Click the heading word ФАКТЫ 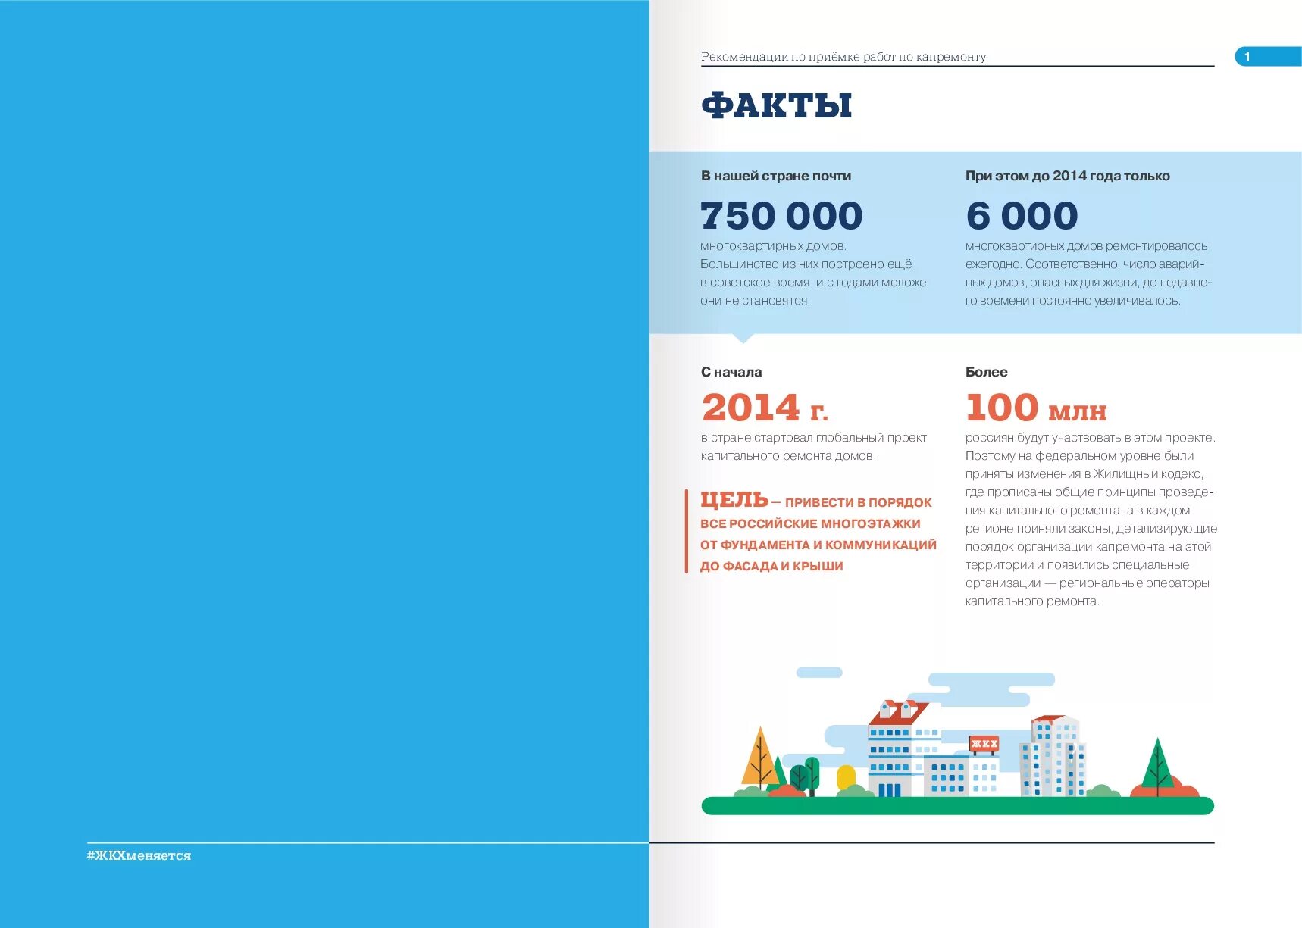click(x=776, y=105)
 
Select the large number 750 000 click(x=781, y=216)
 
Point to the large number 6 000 click(x=1022, y=216)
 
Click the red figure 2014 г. click(x=764, y=408)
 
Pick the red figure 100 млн click(x=1035, y=408)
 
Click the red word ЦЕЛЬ click(x=734, y=500)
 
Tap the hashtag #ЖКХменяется click(x=139, y=855)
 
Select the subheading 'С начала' click(x=731, y=372)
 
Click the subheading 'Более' click(x=986, y=372)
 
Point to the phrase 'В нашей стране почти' click(x=775, y=176)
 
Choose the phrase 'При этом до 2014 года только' click(x=1067, y=176)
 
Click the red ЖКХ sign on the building click(x=984, y=744)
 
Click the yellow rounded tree click(x=846, y=777)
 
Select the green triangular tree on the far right click(x=1157, y=765)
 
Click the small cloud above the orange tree click(x=818, y=673)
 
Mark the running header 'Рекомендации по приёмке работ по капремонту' click(x=843, y=57)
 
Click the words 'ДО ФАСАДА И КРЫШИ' click(x=771, y=567)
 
